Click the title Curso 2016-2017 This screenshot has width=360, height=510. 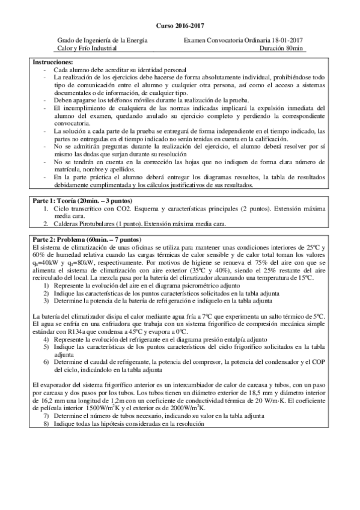180,26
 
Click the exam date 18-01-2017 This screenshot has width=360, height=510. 288,40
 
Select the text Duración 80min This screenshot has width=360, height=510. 283,48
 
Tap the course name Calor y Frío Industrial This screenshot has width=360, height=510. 87,48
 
